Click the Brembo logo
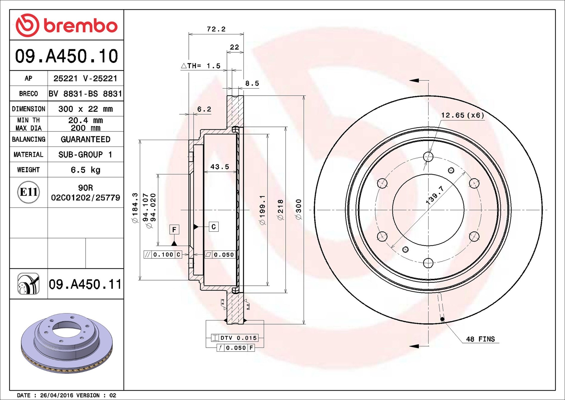[67, 25]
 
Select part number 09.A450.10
[67, 56]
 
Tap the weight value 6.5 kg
[85, 170]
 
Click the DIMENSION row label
[28, 109]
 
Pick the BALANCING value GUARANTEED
[85, 139]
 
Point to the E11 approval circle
[28, 192]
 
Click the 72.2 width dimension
[216, 29]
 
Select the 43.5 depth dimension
[220, 167]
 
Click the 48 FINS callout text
[480, 339]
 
